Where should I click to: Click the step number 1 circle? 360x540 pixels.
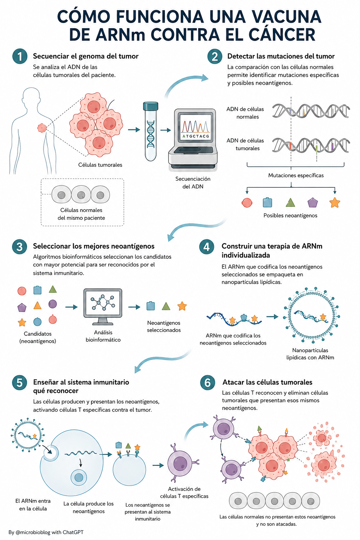pyautogui.click(x=20, y=56)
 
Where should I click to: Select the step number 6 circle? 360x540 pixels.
pyautogui.click(x=207, y=382)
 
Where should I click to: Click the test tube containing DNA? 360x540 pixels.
pyautogui.click(x=151, y=131)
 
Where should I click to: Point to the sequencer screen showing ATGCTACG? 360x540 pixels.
pyautogui.click(x=195, y=126)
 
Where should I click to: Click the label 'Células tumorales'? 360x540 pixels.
pyautogui.click(x=100, y=165)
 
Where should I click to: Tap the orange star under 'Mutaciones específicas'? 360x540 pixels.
pyautogui.click(x=335, y=202)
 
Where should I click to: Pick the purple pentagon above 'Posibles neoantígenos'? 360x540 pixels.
pyautogui.click(x=313, y=203)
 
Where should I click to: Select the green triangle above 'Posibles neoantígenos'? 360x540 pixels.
pyautogui.click(x=290, y=202)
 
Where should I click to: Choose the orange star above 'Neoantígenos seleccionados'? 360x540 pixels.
pyautogui.click(x=182, y=306)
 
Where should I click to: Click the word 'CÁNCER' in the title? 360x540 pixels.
pyautogui.click(x=282, y=35)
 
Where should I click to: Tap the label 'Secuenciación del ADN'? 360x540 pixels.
pyautogui.click(x=193, y=182)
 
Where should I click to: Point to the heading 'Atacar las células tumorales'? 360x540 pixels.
pyautogui.click(x=267, y=382)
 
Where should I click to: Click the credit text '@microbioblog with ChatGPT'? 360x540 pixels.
pyautogui.click(x=50, y=532)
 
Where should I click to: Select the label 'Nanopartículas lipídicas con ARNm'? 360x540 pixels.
pyautogui.click(x=310, y=354)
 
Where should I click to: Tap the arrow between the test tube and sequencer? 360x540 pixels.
pyautogui.click(x=166, y=130)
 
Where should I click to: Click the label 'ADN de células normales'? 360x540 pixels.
pyautogui.click(x=245, y=113)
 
